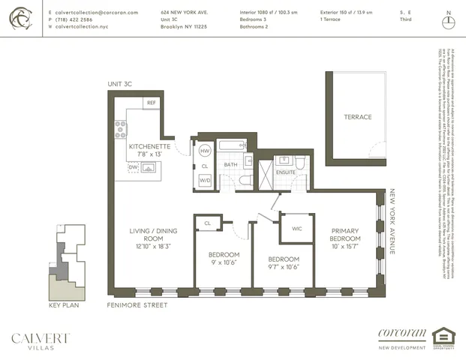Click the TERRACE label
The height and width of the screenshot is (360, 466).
(x=358, y=117)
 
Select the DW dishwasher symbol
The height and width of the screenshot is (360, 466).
(x=133, y=167)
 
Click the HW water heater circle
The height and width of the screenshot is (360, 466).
(x=204, y=148)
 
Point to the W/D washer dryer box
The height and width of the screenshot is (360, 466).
(x=204, y=180)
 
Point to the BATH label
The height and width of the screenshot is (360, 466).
(x=231, y=164)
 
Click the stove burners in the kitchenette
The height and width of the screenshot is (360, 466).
(x=120, y=129)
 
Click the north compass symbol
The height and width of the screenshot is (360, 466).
(x=449, y=20)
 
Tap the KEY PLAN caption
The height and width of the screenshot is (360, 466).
(x=63, y=305)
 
